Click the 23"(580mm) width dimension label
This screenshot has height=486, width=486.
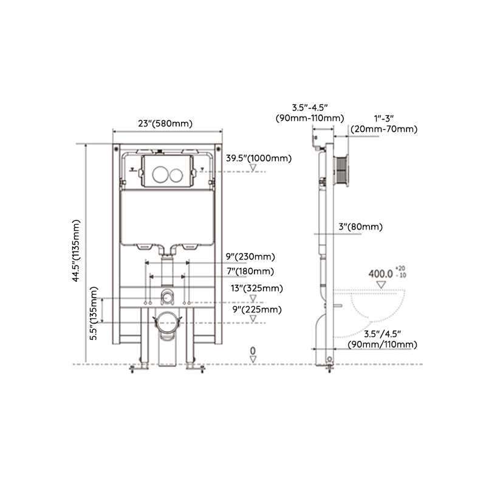click(165, 123)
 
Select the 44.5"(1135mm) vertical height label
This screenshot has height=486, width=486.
click(75, 250)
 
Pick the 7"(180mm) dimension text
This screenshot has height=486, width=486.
click(250, 271)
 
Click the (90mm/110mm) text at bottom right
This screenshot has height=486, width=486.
click(382, 344)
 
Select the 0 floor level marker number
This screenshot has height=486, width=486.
click(253, 351)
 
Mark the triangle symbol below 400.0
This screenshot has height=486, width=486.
click(382, 284)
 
